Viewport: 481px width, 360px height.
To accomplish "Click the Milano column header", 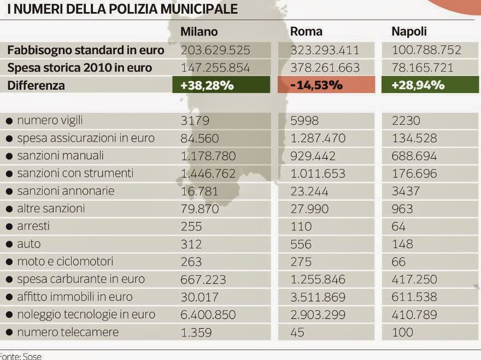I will point(199,32).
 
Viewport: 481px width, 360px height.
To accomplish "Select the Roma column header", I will point(306,32).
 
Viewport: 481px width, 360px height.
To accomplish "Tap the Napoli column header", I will point(409,32).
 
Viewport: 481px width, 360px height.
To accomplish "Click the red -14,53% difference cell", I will point(326,85).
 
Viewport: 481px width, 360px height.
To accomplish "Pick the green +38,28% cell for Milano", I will point(221,85).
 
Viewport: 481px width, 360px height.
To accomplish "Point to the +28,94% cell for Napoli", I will point(430,85).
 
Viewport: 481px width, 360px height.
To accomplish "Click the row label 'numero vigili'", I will point(50,120).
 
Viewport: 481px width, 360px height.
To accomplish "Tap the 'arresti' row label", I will point(33,226).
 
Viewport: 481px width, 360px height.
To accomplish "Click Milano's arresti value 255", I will point(191,227).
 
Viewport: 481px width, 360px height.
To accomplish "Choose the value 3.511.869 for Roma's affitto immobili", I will point(318,297).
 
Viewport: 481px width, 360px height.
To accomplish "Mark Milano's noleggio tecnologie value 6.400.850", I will point(208,315).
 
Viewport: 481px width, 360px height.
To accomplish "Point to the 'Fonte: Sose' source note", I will point(21,356).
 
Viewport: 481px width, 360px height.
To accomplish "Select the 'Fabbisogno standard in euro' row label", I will point(85,50).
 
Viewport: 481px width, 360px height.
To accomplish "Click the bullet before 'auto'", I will point(9,244).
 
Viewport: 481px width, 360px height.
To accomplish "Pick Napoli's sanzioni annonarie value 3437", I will point(406,191).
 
